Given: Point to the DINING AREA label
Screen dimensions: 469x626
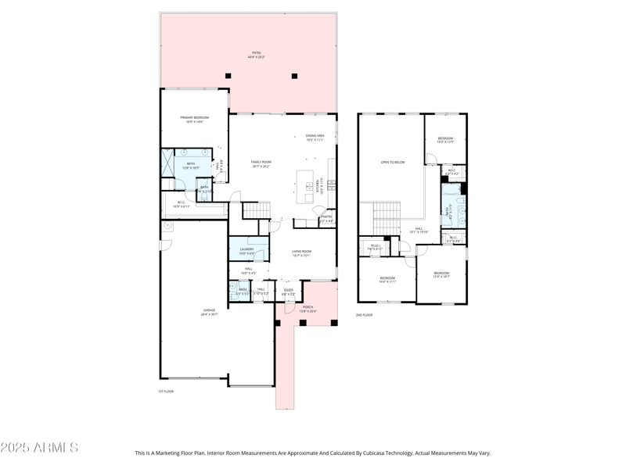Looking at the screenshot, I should click(315, 138).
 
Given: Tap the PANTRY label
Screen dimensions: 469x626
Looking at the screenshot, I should click(326, 218).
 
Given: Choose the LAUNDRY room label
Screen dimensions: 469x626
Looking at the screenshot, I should click(246, 251).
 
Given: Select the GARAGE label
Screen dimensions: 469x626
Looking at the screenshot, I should click(208, 312).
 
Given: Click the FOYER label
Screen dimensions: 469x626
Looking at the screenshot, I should click(288, 292).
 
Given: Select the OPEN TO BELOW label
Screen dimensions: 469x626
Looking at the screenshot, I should click(392, 163).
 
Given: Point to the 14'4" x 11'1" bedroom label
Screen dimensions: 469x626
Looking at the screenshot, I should click(387, 279).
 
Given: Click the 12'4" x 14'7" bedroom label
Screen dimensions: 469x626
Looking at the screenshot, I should click(441, 274).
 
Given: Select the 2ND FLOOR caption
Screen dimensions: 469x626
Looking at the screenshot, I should click(364, 315).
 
